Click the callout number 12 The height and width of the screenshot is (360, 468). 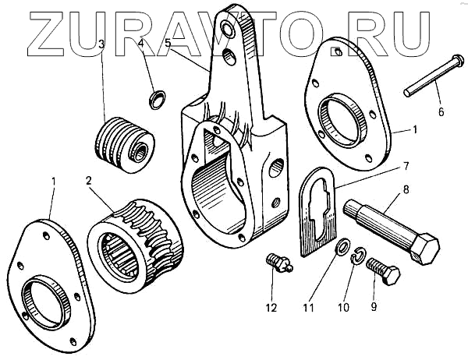click(x=271, y=308)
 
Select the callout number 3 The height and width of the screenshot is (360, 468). click(x=101, y=44)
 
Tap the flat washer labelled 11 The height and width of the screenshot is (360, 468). click(x=342, y=249)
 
